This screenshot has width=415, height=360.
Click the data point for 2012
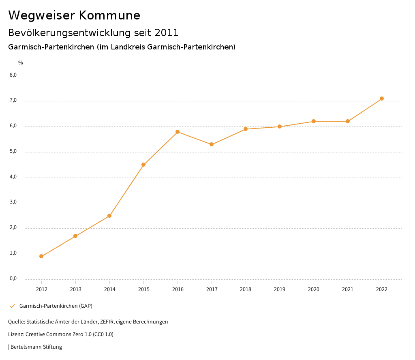[x=41, y=256]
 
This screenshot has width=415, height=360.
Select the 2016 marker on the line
[x=178, y=132]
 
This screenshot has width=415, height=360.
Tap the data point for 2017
[x=212, y=144]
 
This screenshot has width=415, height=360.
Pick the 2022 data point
[x=382, y=99]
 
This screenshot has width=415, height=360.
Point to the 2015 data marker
[x=143, y=165]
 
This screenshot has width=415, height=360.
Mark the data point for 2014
[x=109, y=216]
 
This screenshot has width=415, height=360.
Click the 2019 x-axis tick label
[x=280, y=289]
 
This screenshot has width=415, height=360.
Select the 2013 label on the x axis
[x=75, y=289]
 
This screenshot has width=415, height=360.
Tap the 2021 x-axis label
[x=348, y=289]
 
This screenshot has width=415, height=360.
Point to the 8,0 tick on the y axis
[x=13, y=75]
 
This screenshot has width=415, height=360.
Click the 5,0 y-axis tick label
[x=13, y=152]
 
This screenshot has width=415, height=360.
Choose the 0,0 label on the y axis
[x=13, y=279]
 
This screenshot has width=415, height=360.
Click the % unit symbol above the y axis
[x=21, y=63]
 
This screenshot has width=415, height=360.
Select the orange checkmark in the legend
[x=12, y=306]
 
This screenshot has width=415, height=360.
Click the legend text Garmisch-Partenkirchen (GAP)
[x=56, y=306]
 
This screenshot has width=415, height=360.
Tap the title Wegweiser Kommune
[x=74, y=15]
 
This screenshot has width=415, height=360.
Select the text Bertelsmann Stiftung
[x=36, y=347]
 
